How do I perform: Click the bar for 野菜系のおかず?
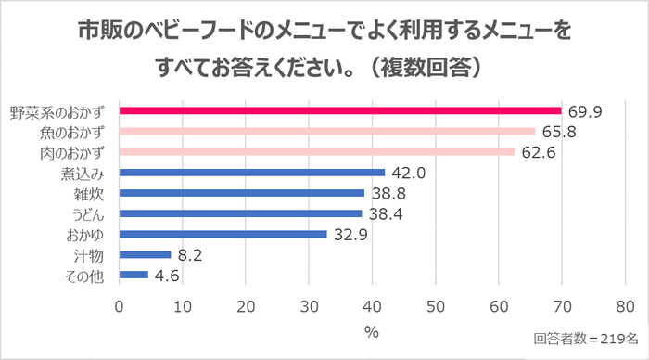pyautogui.click(x=340, y=111)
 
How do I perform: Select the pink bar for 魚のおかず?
pyautogui.click(x=327, y=132)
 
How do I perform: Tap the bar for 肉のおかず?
pyautogui.click(x=317, y=151)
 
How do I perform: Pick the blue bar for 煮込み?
pyautogui.click(x=252, y=173)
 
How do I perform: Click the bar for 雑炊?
pyautogui.click(x=242, y=193)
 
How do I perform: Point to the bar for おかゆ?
pyautogui.click(x=223, y=234)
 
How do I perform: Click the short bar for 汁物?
pyautogui.click(x=146, y=254)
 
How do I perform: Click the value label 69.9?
pyautogui.click(x=586, y=111)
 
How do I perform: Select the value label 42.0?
pyautogui.click(x=409, y=173)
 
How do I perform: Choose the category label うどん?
pyautogui.click(x=89, y=213)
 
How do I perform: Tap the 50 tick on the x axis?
pyautogui.click(x=435, y=306)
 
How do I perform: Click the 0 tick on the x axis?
pyautogui.click(x=120, y=306)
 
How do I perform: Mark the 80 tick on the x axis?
pyautogui.click(x=625, y=306)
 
